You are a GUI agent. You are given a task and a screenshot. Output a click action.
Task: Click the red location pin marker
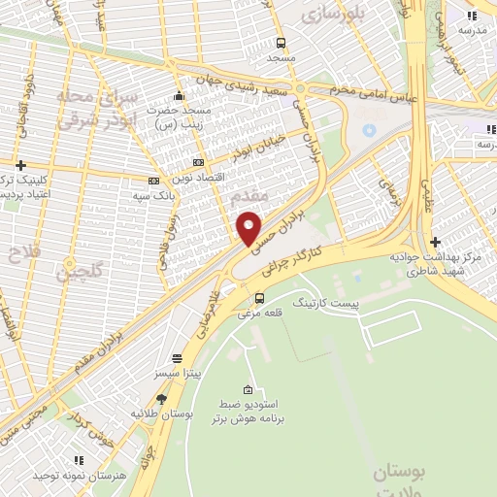(x=249, y=228)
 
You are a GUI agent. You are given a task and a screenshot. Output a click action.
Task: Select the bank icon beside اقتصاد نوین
(x=199, y=162)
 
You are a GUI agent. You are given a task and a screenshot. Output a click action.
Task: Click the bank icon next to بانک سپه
(x=153, y=181)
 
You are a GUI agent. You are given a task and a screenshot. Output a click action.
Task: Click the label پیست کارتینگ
(x=325, y=304)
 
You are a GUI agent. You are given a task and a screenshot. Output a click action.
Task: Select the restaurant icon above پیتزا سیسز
(x=175, y=357)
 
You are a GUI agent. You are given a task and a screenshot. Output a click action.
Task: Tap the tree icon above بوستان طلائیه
(x=161, y=398)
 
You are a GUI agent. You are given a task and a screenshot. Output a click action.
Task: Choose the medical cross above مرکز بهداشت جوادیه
(x=436, y=241)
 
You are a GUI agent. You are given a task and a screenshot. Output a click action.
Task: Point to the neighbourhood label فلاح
(x=17, y=253)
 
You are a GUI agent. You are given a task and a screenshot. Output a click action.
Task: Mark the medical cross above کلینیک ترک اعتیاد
(x=20, y=166)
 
